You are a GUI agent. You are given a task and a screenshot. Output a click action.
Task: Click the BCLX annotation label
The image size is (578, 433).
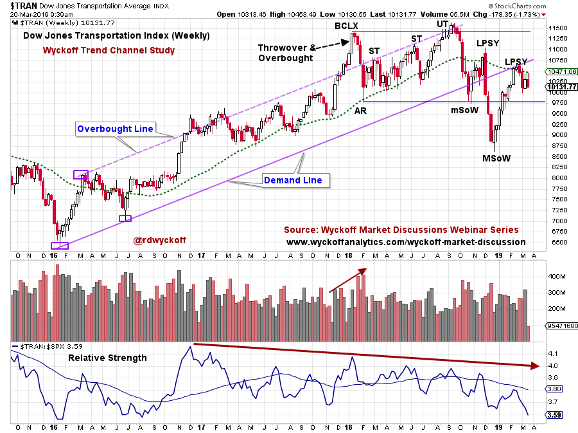point(346,26)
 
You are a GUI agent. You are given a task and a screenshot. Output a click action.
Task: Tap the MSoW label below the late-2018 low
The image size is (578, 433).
point(496,158)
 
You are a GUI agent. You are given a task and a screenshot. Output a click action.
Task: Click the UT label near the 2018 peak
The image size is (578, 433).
point(442,24)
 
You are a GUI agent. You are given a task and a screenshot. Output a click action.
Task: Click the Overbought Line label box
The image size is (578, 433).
point(115,129)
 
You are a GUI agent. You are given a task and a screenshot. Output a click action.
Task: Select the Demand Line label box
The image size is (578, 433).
point(293,180)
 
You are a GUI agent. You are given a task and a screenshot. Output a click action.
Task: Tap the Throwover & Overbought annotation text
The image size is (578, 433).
point(286,52)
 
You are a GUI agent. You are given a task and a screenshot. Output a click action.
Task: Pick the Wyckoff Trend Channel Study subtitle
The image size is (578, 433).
point(109,50)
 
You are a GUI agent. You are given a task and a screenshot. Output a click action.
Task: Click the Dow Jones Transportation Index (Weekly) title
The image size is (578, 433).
point(116,36)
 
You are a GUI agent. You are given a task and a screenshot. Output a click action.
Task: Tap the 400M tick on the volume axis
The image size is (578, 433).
point(556,276)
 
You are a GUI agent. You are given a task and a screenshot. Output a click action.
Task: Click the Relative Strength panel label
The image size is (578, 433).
point(107,358)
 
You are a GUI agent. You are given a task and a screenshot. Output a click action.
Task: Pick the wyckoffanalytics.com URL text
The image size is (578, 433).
point(405,242)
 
